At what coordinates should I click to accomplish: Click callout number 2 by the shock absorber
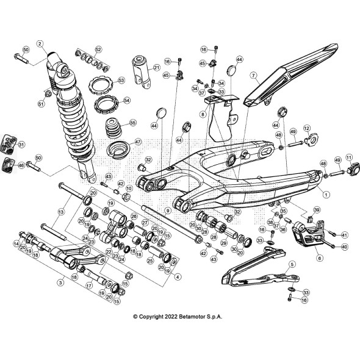[40, 44]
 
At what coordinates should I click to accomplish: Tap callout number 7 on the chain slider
[253, 77]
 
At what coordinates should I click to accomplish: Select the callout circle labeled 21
[156, 68]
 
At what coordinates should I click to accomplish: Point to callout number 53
[121, 80]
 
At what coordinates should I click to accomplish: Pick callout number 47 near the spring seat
[138, 142]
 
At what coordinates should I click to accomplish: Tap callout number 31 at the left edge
[21, 145]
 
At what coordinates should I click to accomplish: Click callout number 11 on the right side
[349, 157]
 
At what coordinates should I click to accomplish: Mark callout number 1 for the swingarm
[326, 194]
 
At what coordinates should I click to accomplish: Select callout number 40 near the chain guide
[344, 247]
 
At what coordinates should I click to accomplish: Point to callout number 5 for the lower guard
[292, 264]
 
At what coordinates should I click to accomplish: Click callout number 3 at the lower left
[60, 283]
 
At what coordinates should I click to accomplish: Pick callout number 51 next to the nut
[41, 104]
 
